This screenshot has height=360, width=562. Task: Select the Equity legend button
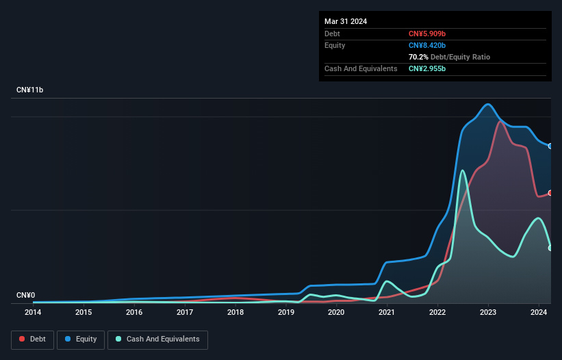[x=81, y=339]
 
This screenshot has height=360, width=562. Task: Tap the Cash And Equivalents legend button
[x=157, y=339]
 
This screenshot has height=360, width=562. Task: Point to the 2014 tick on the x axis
[x=33, y=313]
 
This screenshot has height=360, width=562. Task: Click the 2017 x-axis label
[x=185, y=313]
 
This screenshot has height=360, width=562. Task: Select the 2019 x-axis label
[x=286, y=313]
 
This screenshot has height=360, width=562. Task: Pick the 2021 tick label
[x=387, y=313]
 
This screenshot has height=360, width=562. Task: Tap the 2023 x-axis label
[x=488, y=313]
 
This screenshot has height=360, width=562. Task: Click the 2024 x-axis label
[x=539, y=313]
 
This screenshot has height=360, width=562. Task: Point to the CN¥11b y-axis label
[x=30, y=90]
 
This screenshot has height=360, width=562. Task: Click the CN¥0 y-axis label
[x=25, y=296]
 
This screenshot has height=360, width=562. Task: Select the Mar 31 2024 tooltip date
[x=346, y=21]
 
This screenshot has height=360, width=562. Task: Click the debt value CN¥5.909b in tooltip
[x=427, y=34]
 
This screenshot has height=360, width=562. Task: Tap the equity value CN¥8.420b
[x=427, y=45]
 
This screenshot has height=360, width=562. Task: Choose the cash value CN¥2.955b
[x=427, y=68]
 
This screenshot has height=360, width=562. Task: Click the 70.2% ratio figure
[x=418, y=57]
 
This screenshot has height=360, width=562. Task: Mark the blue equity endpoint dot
[x=550, y=146]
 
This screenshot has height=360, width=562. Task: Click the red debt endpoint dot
[x=550, y=193]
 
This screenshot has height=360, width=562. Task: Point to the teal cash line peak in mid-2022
[x=463, y=170]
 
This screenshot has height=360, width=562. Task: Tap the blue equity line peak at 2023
[x=487, y=105]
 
